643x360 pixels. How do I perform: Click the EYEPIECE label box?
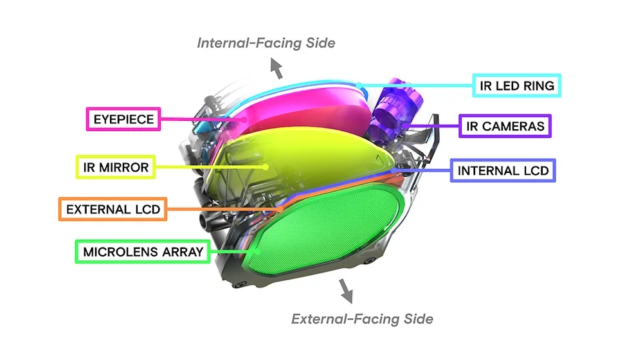pos(123,119)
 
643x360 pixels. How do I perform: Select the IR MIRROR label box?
pos(116,167)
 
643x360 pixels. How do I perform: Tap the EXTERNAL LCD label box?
pos(113,209)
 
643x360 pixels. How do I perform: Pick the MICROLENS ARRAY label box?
pos(143,251)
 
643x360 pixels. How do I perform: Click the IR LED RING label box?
pos(517,85)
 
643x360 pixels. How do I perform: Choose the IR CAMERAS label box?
pos(505,126)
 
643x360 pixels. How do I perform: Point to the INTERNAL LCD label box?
pos(503,170)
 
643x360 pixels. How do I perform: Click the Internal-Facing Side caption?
pos(266,42)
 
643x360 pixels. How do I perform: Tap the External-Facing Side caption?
pos(362,319)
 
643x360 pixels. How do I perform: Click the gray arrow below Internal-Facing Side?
pos(276,67)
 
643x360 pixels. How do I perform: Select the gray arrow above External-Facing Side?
pos(346,291)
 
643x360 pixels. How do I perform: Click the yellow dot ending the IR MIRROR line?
pos(266,167)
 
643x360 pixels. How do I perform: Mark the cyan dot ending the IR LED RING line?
pos(359,85)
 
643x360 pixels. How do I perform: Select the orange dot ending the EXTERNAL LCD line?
pos(280,209)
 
